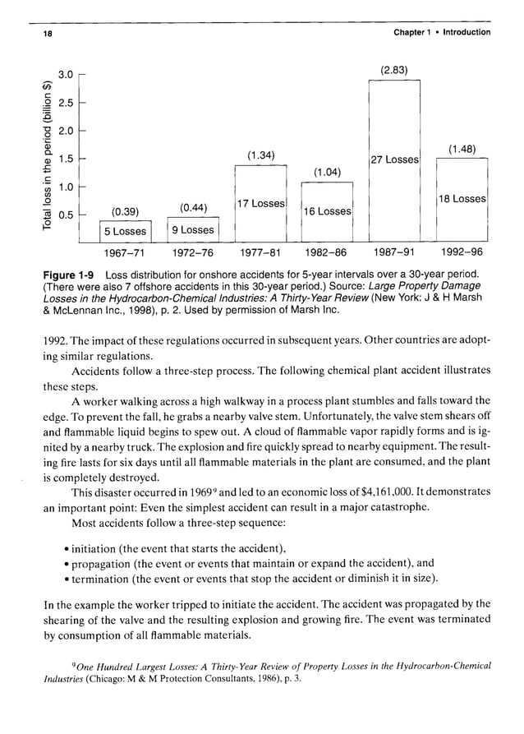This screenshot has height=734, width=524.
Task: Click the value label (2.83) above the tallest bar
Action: coord(394,68)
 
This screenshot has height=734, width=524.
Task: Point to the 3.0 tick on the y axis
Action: coord(67,75)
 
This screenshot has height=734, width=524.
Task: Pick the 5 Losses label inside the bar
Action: coord(124,231)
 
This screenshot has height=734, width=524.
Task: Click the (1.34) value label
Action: coord(260,155)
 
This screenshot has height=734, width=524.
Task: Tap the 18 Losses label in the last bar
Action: coord(462,199)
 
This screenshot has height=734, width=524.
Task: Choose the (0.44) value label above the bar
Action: coord(192,206)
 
